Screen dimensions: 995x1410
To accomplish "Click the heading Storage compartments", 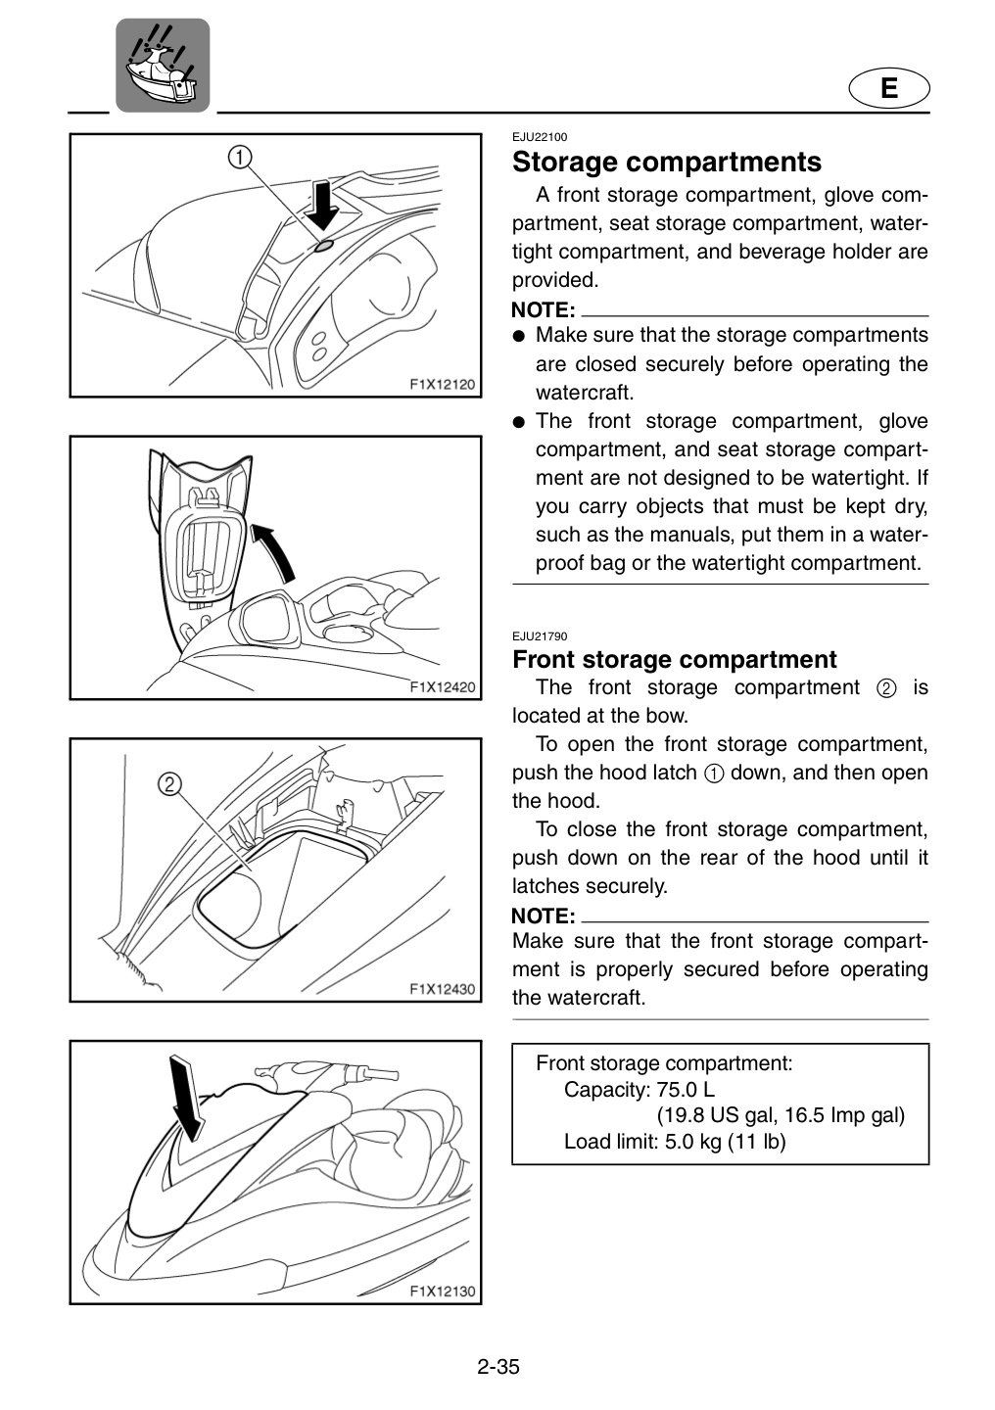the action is pos(667,162).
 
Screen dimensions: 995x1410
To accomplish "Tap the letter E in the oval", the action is pos(889,88).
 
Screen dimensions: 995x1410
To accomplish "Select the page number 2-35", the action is pos(498,1367).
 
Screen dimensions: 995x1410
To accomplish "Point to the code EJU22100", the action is pos(540,137).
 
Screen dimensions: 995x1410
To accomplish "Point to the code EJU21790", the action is pos(540,636).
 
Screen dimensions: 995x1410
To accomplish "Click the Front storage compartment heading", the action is pos(675,660).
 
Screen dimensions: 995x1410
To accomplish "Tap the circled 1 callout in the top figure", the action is pos(240,156).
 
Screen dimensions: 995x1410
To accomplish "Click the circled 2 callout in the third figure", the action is pos(169,783).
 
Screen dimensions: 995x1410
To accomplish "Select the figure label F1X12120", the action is pos(442,384).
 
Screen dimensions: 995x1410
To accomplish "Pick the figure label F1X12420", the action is pos(442,686).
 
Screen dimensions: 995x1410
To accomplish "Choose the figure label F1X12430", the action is pos(442,989).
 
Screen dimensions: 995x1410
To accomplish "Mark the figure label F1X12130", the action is pos(442,1291).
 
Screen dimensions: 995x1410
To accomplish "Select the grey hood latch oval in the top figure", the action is pos(323,246).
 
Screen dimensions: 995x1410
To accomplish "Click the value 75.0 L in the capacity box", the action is pos(686,1090).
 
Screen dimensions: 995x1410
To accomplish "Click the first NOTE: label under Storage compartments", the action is pos(543,310).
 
